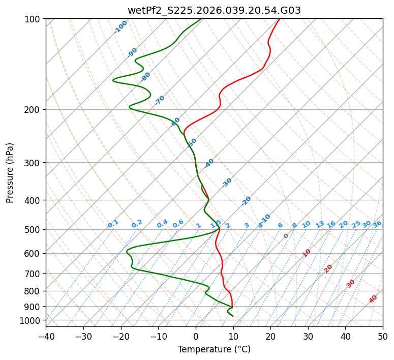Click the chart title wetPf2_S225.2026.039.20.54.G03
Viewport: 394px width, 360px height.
point(214,10)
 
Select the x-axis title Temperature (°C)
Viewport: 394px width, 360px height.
point(214,349)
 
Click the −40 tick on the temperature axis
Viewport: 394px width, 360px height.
point(46,336)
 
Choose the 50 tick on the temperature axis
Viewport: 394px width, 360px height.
point(383,336)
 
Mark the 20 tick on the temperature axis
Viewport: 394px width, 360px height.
point(270,336)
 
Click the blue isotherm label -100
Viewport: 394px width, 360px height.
point(121,27)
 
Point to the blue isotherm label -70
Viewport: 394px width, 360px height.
point(160,100)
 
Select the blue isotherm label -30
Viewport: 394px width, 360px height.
point(227,183)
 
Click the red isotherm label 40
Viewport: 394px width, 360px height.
point(373,299)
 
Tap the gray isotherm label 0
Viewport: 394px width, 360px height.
point(286,236)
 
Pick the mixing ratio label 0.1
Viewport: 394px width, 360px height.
point(113,224)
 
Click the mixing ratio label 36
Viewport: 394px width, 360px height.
point(377,224)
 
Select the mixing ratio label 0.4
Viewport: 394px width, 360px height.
point(162,224)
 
